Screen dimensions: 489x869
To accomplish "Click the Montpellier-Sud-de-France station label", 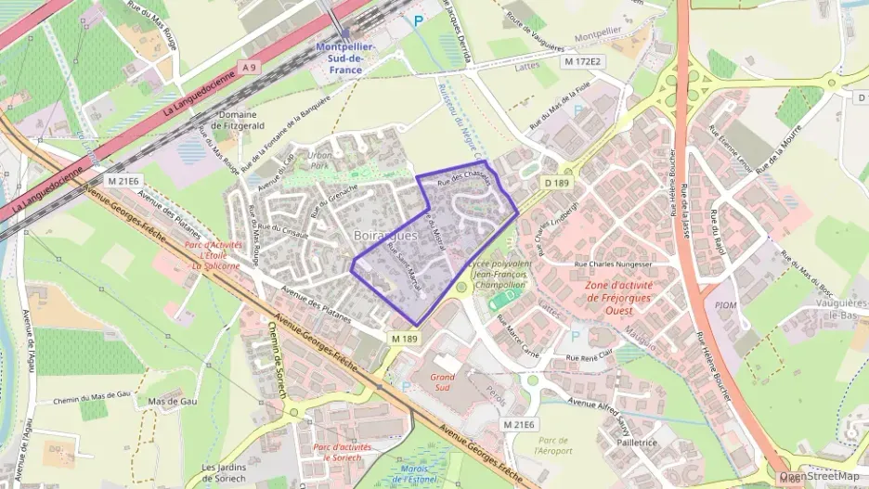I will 345,58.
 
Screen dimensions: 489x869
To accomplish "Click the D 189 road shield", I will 556,184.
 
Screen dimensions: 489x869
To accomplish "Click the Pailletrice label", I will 636,443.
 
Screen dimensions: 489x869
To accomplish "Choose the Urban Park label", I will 319,160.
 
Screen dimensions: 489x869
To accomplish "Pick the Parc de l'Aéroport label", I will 553,445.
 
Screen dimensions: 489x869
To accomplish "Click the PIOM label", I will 725,304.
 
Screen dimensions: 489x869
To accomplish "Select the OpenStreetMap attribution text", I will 819,476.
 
